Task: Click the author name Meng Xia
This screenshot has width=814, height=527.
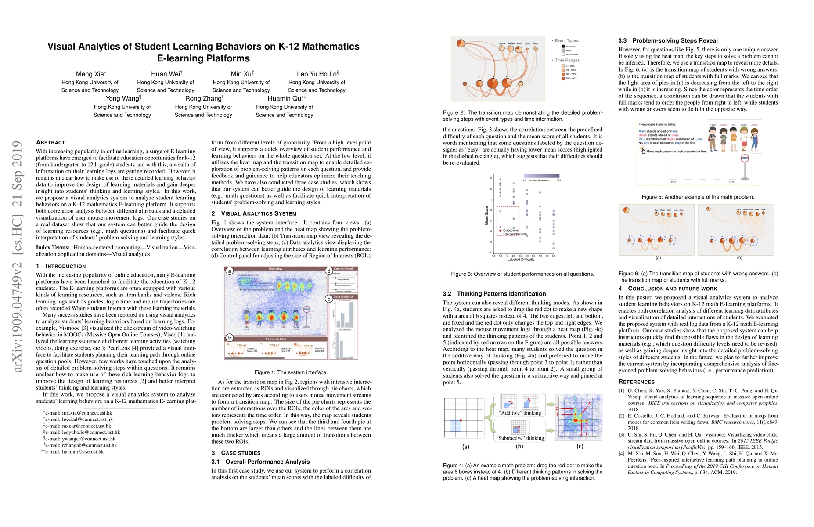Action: pyautogui.click(x=90, y=74)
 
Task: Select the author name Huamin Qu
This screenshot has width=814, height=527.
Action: pyautogui.click(x=285, y=98)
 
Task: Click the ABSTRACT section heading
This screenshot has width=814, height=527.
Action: pyautogui.click(x=50, y=142)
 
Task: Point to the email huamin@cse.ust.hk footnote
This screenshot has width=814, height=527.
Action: pyautogui.click(x=83, y=451)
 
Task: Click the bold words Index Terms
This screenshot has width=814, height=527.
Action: pyautogui.click(x=53, y=247)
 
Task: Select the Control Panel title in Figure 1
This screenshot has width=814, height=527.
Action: pyautogui.click(x=343, y=269)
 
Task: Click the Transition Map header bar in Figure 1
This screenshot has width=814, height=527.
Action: pyautogui.click(x=276, y=339)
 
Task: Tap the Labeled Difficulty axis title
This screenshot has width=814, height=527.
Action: pyautogui.click(x=521, y=260)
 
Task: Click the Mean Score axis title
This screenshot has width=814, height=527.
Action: pyautogui.click(x=486, y=215)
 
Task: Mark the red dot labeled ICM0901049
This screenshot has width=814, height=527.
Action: pyautogui.click(x=500, y=230)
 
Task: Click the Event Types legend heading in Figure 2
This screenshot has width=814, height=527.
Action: pyautogui.click(x=567, y=41)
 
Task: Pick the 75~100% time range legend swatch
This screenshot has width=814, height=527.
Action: pyautogui.click(x=563, y=79)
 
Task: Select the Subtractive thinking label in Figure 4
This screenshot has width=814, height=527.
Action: pyautogui.click(x=520, y=438)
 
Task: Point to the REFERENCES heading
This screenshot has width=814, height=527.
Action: pyautogui.click(x=636, y=382)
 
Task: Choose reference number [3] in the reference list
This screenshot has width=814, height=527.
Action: pyautogui.click(x=621, y=435)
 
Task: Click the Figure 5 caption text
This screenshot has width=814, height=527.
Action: pyautogui.click(x=698, y=197)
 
